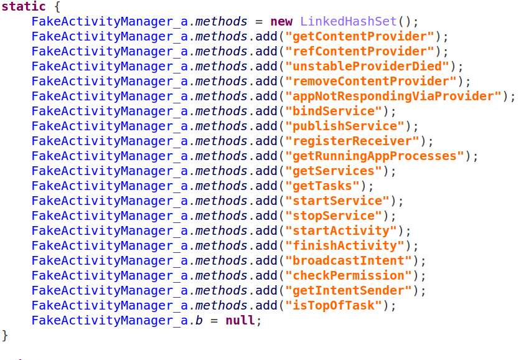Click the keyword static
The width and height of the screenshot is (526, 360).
pyautogui.click(x=24, y=6)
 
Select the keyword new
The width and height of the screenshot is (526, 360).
pyautogui.click(x=281, y=21)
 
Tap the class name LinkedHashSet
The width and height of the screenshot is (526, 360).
pyautogui.click(x=348, y=21)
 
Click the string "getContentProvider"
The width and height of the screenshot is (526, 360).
pyautogui.click(x=360, y=36)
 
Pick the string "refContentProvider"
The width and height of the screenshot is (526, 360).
pyautogui.click(x=360, y=51)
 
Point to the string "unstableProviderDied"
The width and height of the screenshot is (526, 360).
pyautogui.click(x=367, y=66)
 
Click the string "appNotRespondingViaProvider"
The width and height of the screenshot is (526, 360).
pyautogui.click(x=393, y=97)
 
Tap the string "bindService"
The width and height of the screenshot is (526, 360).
pyautogui.click(x=334, y=111)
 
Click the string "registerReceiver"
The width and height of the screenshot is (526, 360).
pyautogui.click(x=352, y=141)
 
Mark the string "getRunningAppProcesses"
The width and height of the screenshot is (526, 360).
pyautogui.click(x=374, y=156)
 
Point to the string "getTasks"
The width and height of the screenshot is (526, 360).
pyautogui.click(x=322, y=186)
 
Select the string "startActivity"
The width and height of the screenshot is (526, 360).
pyautogui.click(x=341, y=231)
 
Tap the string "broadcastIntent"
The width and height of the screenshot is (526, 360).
pyautogui.click(x=349, y=261)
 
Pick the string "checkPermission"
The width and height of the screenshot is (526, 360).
pyautogui.click(x=349, y=275)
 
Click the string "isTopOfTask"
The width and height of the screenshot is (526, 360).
pyautogui.click(x=334, y=305)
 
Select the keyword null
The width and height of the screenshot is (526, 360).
pyautogui.click(x=240, y=320)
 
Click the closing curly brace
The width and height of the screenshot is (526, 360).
pyautogui.click(x=5, y=336)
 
